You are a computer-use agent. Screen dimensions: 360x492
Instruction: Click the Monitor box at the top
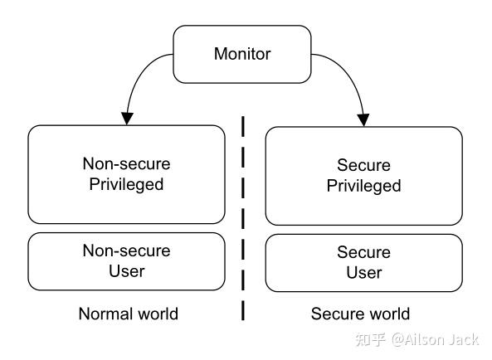(242, 54)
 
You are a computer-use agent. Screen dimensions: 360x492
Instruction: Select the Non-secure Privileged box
(126, 174)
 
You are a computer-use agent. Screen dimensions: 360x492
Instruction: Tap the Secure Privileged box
(363, 176)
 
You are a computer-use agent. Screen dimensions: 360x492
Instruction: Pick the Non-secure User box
(126, 260)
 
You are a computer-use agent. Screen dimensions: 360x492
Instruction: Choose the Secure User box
(363, 262)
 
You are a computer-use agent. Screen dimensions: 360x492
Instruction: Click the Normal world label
(128, 314)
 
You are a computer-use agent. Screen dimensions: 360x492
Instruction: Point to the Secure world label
(360, 314)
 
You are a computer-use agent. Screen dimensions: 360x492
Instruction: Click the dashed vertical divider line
(243, 216)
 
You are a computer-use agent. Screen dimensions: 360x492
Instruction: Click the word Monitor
(242, 54)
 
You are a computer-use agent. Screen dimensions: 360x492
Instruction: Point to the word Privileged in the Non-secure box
(126, 184)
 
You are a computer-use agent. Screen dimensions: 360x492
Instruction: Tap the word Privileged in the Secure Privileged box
(363, 186)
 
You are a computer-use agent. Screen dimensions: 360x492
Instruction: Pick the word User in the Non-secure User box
(126, 271)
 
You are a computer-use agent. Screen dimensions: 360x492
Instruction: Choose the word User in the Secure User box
(363, 273)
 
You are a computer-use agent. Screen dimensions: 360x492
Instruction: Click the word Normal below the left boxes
(103, 314)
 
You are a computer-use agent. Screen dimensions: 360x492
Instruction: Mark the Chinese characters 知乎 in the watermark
(371, 339)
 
